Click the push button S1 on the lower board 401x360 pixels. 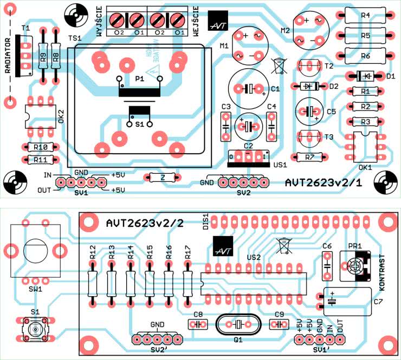pos(36,329)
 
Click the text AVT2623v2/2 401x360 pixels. pos(145,223)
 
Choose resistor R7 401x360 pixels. pos(310,157)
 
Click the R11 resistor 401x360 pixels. pos(40,160)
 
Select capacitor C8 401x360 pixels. pos(198,324)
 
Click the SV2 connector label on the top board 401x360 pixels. pos(244,192)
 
